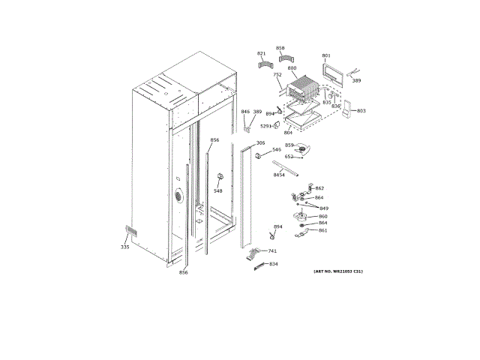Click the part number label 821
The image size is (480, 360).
point(261,54)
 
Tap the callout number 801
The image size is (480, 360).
point(326,55)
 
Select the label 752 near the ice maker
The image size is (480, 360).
point(277,75)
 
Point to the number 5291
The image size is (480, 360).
point(265,126)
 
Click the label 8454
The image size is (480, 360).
point(279,175)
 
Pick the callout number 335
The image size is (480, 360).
point(124,246)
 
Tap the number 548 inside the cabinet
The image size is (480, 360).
point(217,190)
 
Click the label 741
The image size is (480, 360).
point(272,250)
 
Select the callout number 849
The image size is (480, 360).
point(324,208)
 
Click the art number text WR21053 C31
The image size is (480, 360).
point(338,270)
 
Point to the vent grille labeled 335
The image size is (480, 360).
point(131,231)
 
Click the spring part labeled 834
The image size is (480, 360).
point(258,265)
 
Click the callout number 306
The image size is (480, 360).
point(260,142)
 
